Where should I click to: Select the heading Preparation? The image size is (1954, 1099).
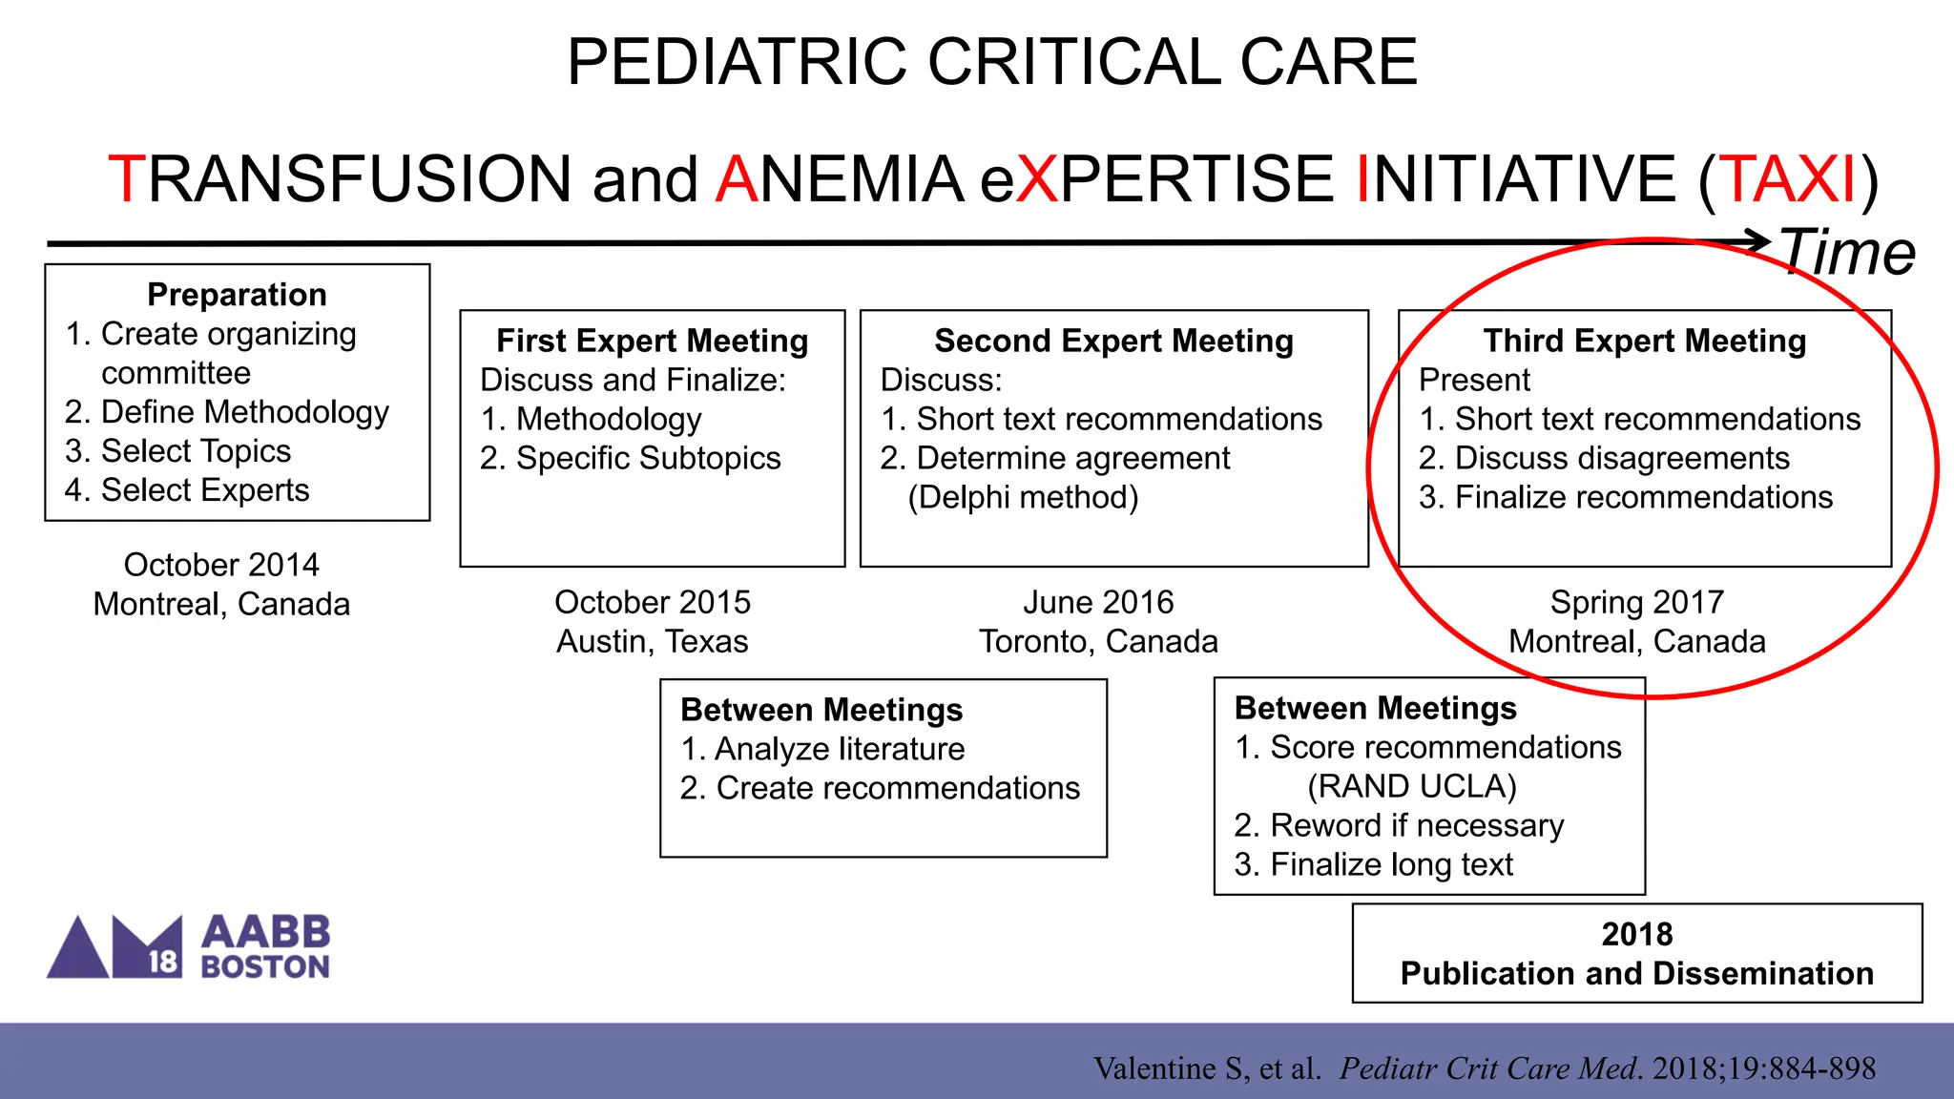[x=237, y=295]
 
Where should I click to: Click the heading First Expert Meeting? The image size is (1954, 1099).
[x=653, y=341]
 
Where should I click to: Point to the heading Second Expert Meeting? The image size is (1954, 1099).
[x=1113, y=341]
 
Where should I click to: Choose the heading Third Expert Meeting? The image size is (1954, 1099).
[x=1644, y=341]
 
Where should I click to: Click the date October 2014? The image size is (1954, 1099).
[x=221, y=565]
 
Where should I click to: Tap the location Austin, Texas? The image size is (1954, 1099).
[x=653, y=641]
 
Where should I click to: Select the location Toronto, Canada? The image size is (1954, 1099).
[x=1098, y=641]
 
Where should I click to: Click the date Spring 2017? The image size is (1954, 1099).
[x=1636, y=602]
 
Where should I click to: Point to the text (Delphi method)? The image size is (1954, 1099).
[x=1023, y=497]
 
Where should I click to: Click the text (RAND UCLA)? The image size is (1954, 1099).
[x=1411, y=786]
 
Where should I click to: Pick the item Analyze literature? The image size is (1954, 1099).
[x=840, y=749]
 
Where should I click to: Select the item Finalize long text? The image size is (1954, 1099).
[x=1391, y=864]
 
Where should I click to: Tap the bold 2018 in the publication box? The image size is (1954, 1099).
[x=1636, y=934]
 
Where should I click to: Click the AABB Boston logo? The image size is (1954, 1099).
[x=189, y=947]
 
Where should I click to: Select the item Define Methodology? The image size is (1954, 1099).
[x=244, y=412]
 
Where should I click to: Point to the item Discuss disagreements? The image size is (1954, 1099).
[x=1621, y=458]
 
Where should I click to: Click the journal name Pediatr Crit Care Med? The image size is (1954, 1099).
[x=1490, y=1068]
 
